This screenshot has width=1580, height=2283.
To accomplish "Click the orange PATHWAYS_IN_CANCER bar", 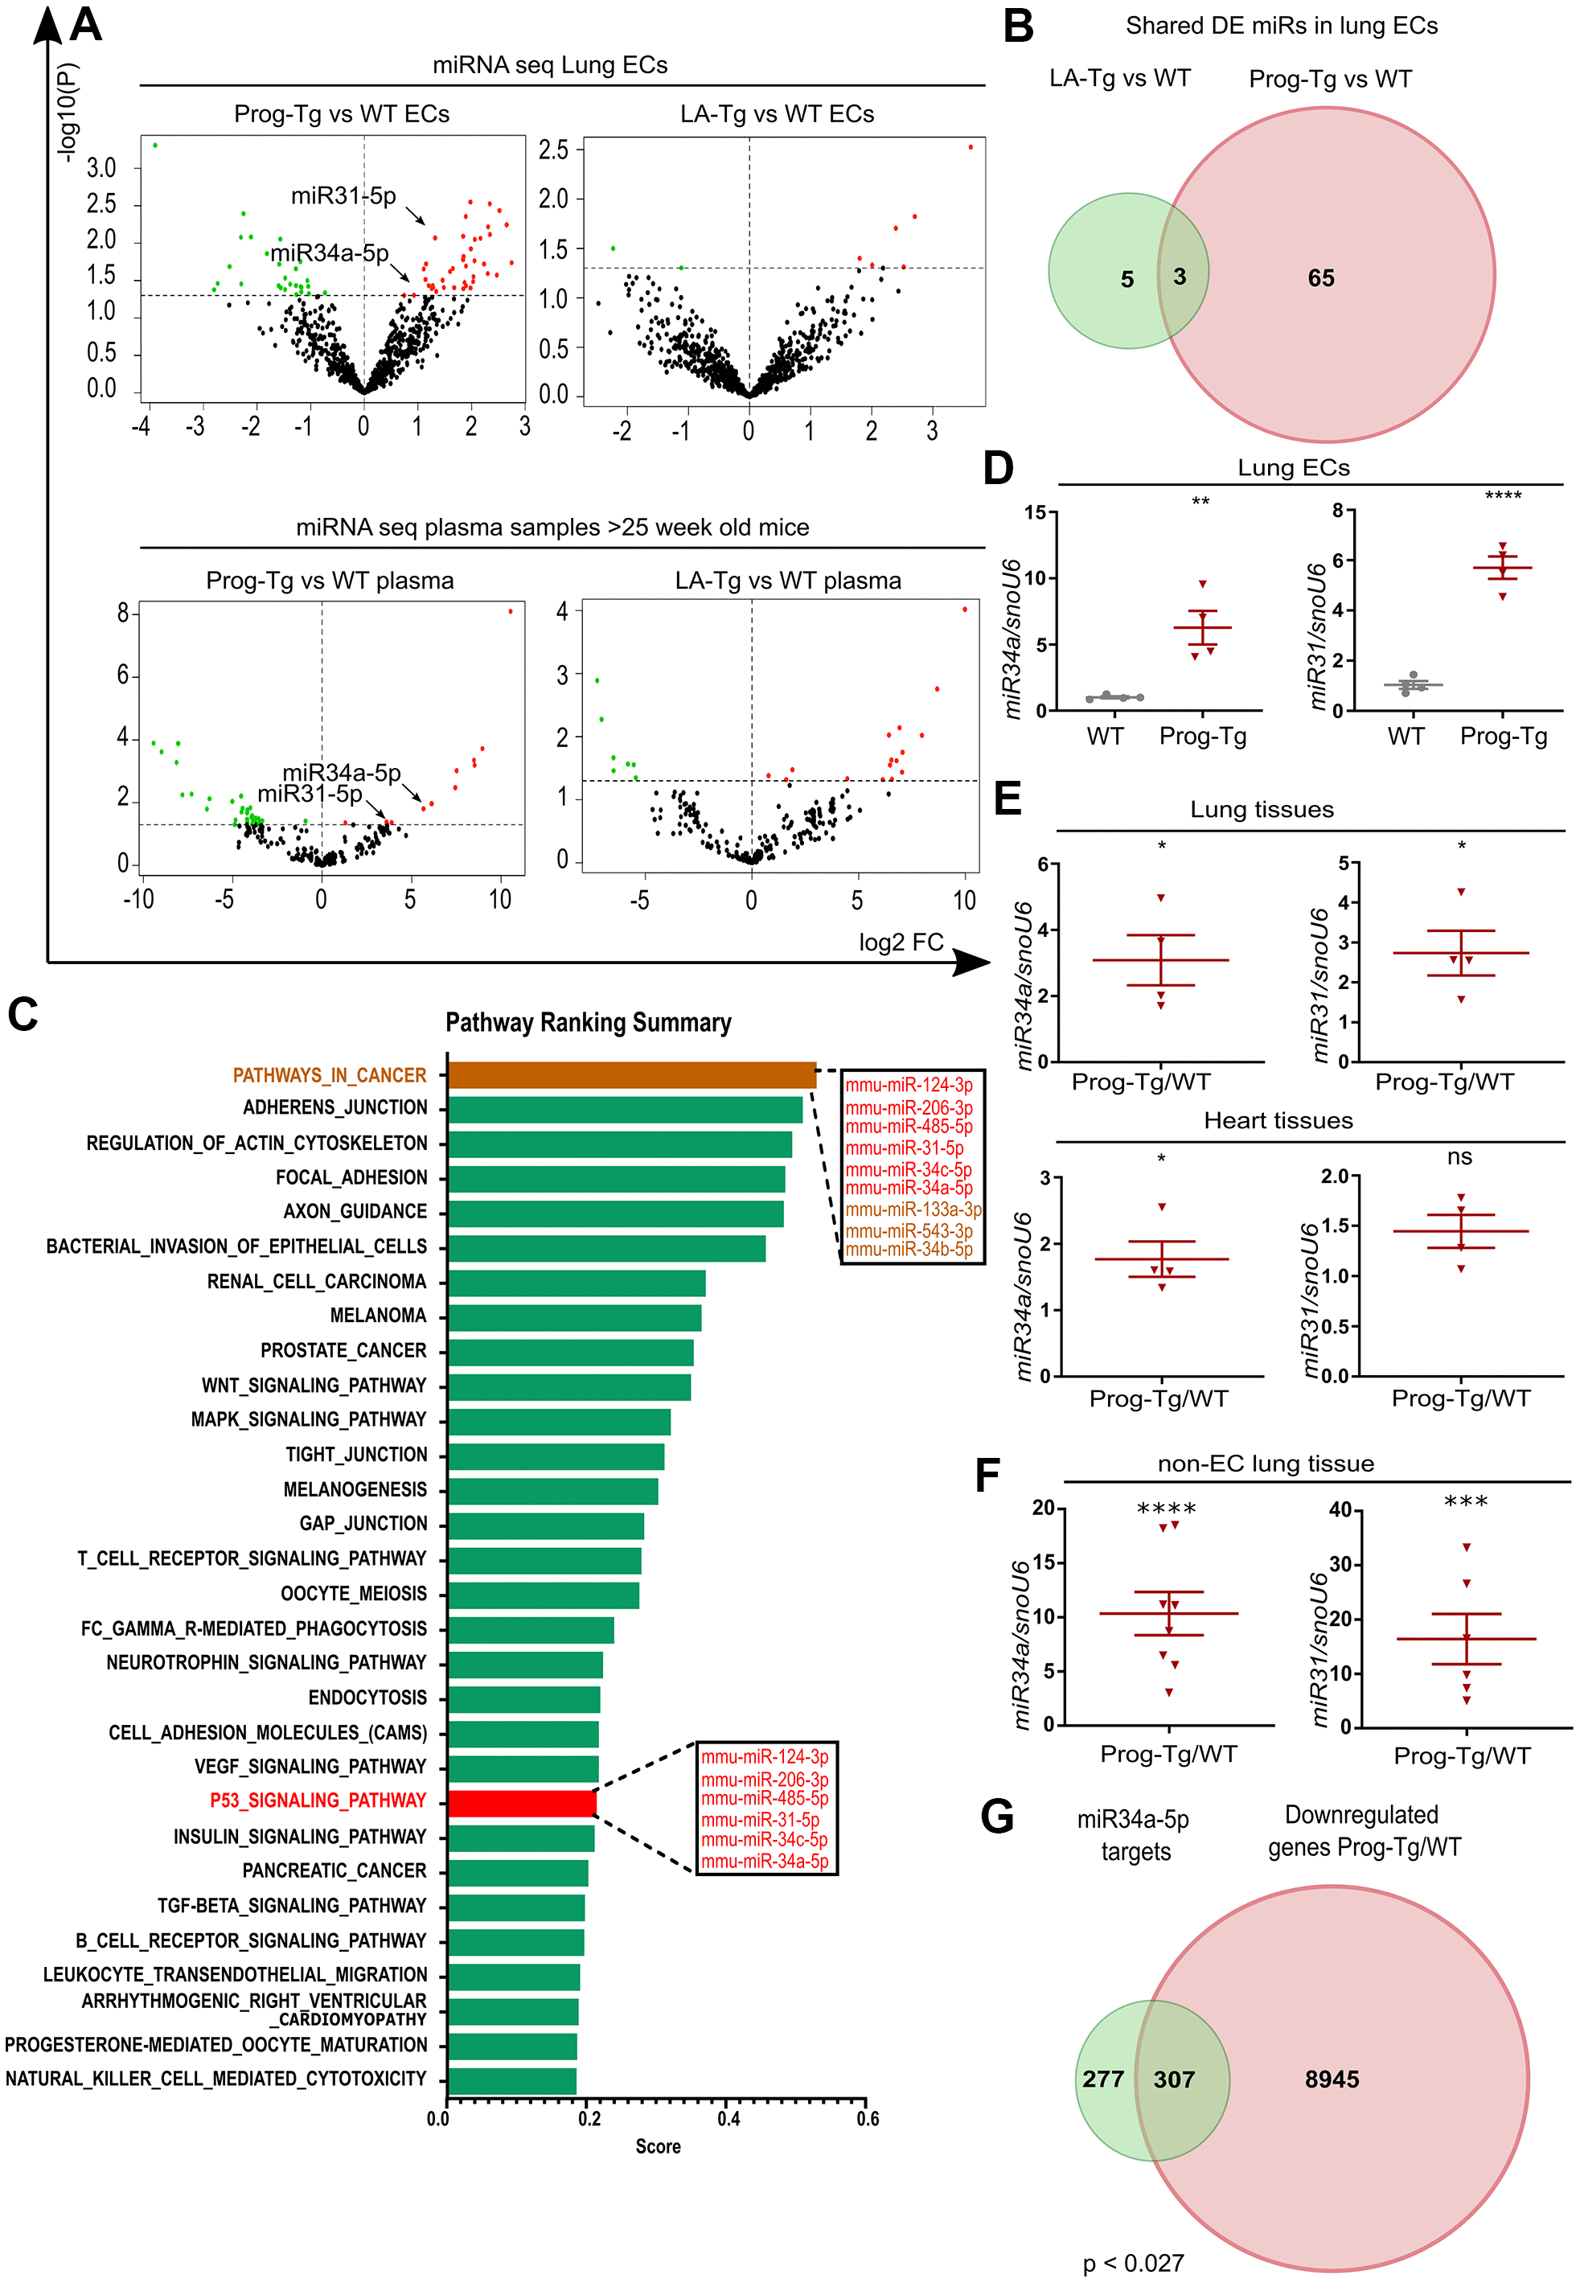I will pyautogui.click(x=632, y=1075).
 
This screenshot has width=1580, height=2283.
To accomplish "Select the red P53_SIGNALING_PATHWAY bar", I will pyautogui.click(x=522, y=1803).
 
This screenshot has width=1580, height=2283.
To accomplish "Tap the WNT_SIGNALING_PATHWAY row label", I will pyautogui.click(x=314, y=1385).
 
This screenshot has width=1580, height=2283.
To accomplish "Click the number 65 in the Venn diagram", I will pyautogui.click(x=1320, y=278).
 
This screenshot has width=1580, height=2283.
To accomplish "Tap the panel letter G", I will pyautogui.click(x=997, y=1817).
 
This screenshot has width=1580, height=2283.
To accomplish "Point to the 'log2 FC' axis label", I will pyautogui.click(x=901, y=942).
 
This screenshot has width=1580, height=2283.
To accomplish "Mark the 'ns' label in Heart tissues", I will pyautogui.click(x=1459, y=1156).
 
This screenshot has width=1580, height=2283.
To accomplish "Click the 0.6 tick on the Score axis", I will pyautogui.click(x=868, y=2119).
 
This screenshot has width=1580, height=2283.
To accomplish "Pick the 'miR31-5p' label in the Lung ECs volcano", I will pyautogui.click(x=343, y=196).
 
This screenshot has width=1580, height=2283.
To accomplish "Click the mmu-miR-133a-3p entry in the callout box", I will pyautogui.click(x=913, y=1209).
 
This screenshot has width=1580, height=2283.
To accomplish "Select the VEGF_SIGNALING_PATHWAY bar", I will pyautogui.click(x=523, y=1768).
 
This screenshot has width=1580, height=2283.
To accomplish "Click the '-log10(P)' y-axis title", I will pyautogui.click(x=68, y=112).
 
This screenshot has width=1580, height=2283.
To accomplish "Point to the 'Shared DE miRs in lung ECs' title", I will pyautogui.click(x=1281, y=26).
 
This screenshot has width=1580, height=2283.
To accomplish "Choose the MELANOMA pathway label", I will pyautogui.click(x=378, y=1316).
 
